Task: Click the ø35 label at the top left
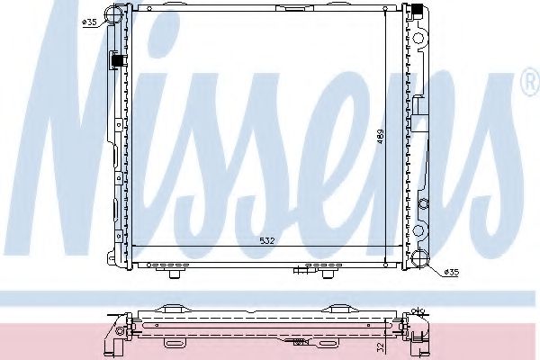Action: tap(89, 22)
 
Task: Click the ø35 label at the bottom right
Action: tap(452, 272)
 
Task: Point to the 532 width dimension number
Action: tap(267, 241)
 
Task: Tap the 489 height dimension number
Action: tap(380, 137)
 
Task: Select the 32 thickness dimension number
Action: tap(381, 346)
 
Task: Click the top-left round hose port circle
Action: tap(113, 13)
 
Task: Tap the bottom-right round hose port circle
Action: tap(420, 257)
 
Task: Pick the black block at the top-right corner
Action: tap(418, 9)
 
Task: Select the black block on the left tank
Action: tap(117, 60)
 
